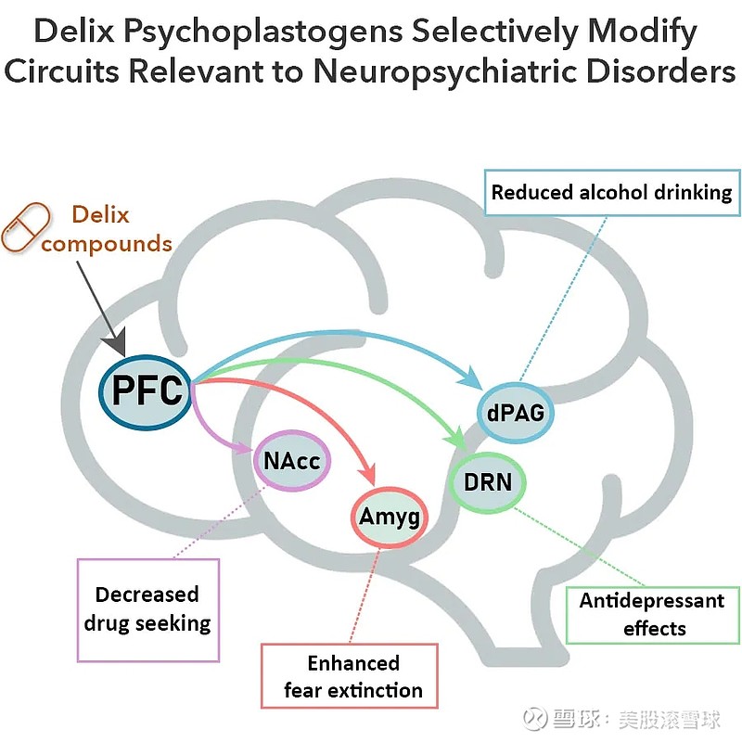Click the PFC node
(x=147, y=390)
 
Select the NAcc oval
(x=291, y=460)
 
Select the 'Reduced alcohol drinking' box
(x=611, y=193)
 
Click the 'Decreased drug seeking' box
(x=147, y=608)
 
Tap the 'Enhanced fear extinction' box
(x=353, y=676)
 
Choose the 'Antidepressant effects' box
(x=652, y=614)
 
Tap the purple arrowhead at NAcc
(x=245, y=453)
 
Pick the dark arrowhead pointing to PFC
(x=114, y=345)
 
